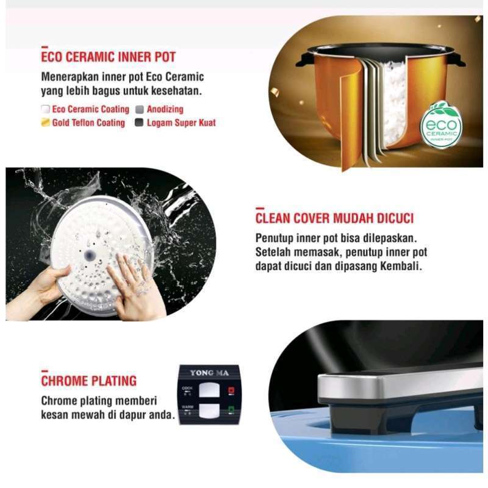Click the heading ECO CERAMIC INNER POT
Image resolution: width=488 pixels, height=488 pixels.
coord(109,57)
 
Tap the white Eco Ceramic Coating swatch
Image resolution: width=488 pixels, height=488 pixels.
coord(45,109)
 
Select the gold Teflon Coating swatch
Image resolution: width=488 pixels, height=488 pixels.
coord(45,123)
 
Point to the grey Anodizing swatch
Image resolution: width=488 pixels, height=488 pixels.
coord(140,109)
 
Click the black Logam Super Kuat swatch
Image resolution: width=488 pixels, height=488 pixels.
coord(139,123)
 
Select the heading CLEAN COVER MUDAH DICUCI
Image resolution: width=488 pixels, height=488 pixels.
coord(334,218)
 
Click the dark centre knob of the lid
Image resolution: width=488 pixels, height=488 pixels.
coord(89,256)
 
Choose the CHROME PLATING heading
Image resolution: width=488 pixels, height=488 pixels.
coord(88,381)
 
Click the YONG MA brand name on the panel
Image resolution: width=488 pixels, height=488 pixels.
coord(209,373)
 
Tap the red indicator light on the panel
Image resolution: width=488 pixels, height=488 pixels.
coord(231,390)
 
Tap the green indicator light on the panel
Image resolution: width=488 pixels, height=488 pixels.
coord(231,409)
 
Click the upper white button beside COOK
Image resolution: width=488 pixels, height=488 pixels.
coord(209,390)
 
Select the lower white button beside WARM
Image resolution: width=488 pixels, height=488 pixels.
coord(209,411)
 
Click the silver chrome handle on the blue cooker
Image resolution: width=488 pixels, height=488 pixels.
coord(398,385)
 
